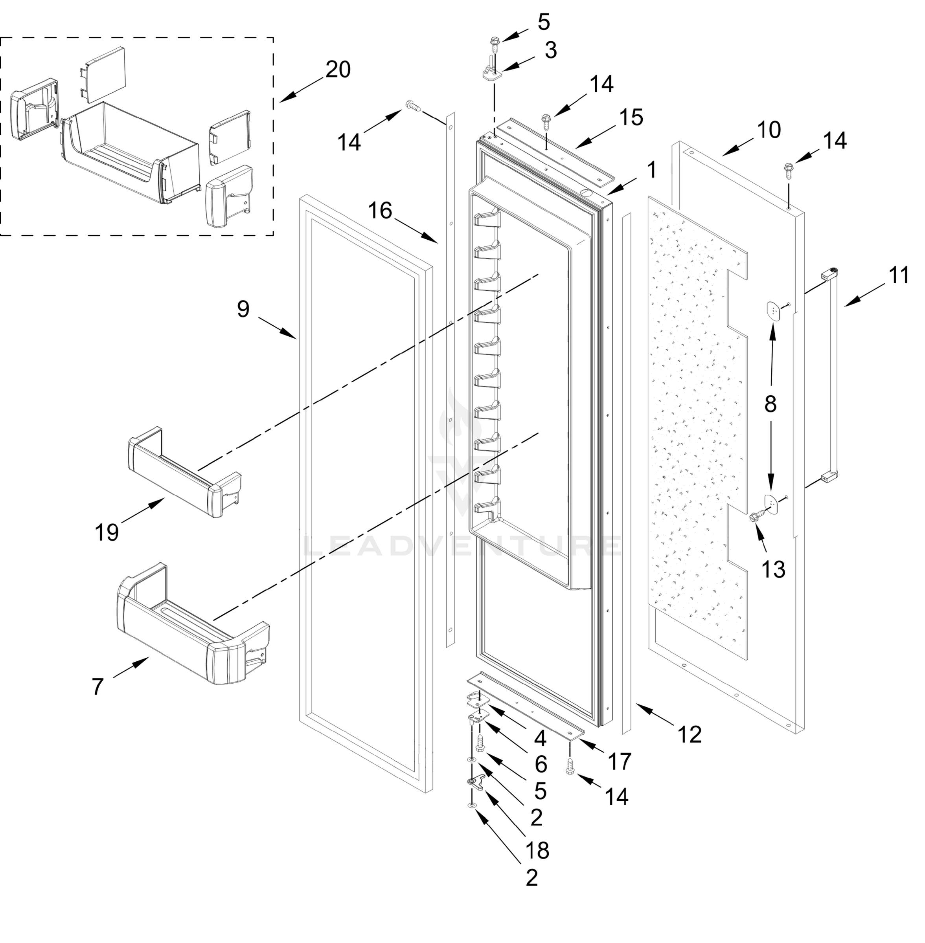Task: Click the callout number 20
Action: click(x=338, y=70)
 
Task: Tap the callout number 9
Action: click(x=243, y=309)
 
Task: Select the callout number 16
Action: click(x=379, y=210)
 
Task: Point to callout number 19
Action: click(x=107, y=533)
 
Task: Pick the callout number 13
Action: click(x=773, y=570)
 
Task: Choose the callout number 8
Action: click(x=771, y=404)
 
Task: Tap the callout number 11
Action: click(x=899, y=275)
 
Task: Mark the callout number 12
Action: click(x=690, y=735)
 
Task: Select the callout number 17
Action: click(x=620, y=761)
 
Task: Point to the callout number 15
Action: click(x=631, y=117)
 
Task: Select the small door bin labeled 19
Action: click(x=185, y=473)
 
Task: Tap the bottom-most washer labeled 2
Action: click(x=472, y=805)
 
